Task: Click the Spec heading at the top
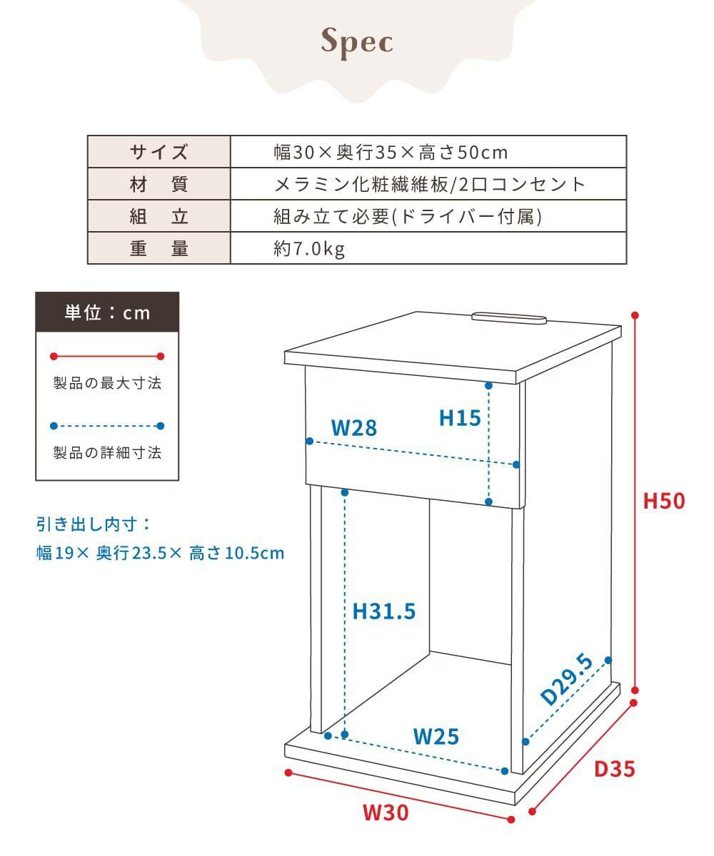pos(357,41)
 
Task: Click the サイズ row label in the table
pos(159,152)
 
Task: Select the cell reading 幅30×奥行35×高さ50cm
pos(391,152)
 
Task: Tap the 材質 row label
pos(159,185)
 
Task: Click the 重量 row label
pos(159,249)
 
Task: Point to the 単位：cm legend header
pos(107,312)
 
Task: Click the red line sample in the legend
pos(107,356)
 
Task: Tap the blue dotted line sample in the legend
pos(107,426)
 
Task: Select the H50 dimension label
pos(663,501)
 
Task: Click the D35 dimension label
pos(614,769)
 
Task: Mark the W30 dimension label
pos(386,812)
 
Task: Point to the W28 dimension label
pos(353,428)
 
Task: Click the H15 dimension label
pos(460,418)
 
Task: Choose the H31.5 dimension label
pos(384,611)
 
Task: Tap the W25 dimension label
pos(436,735)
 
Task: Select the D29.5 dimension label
pos(568,678)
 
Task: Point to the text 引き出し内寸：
pos(94,524)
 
